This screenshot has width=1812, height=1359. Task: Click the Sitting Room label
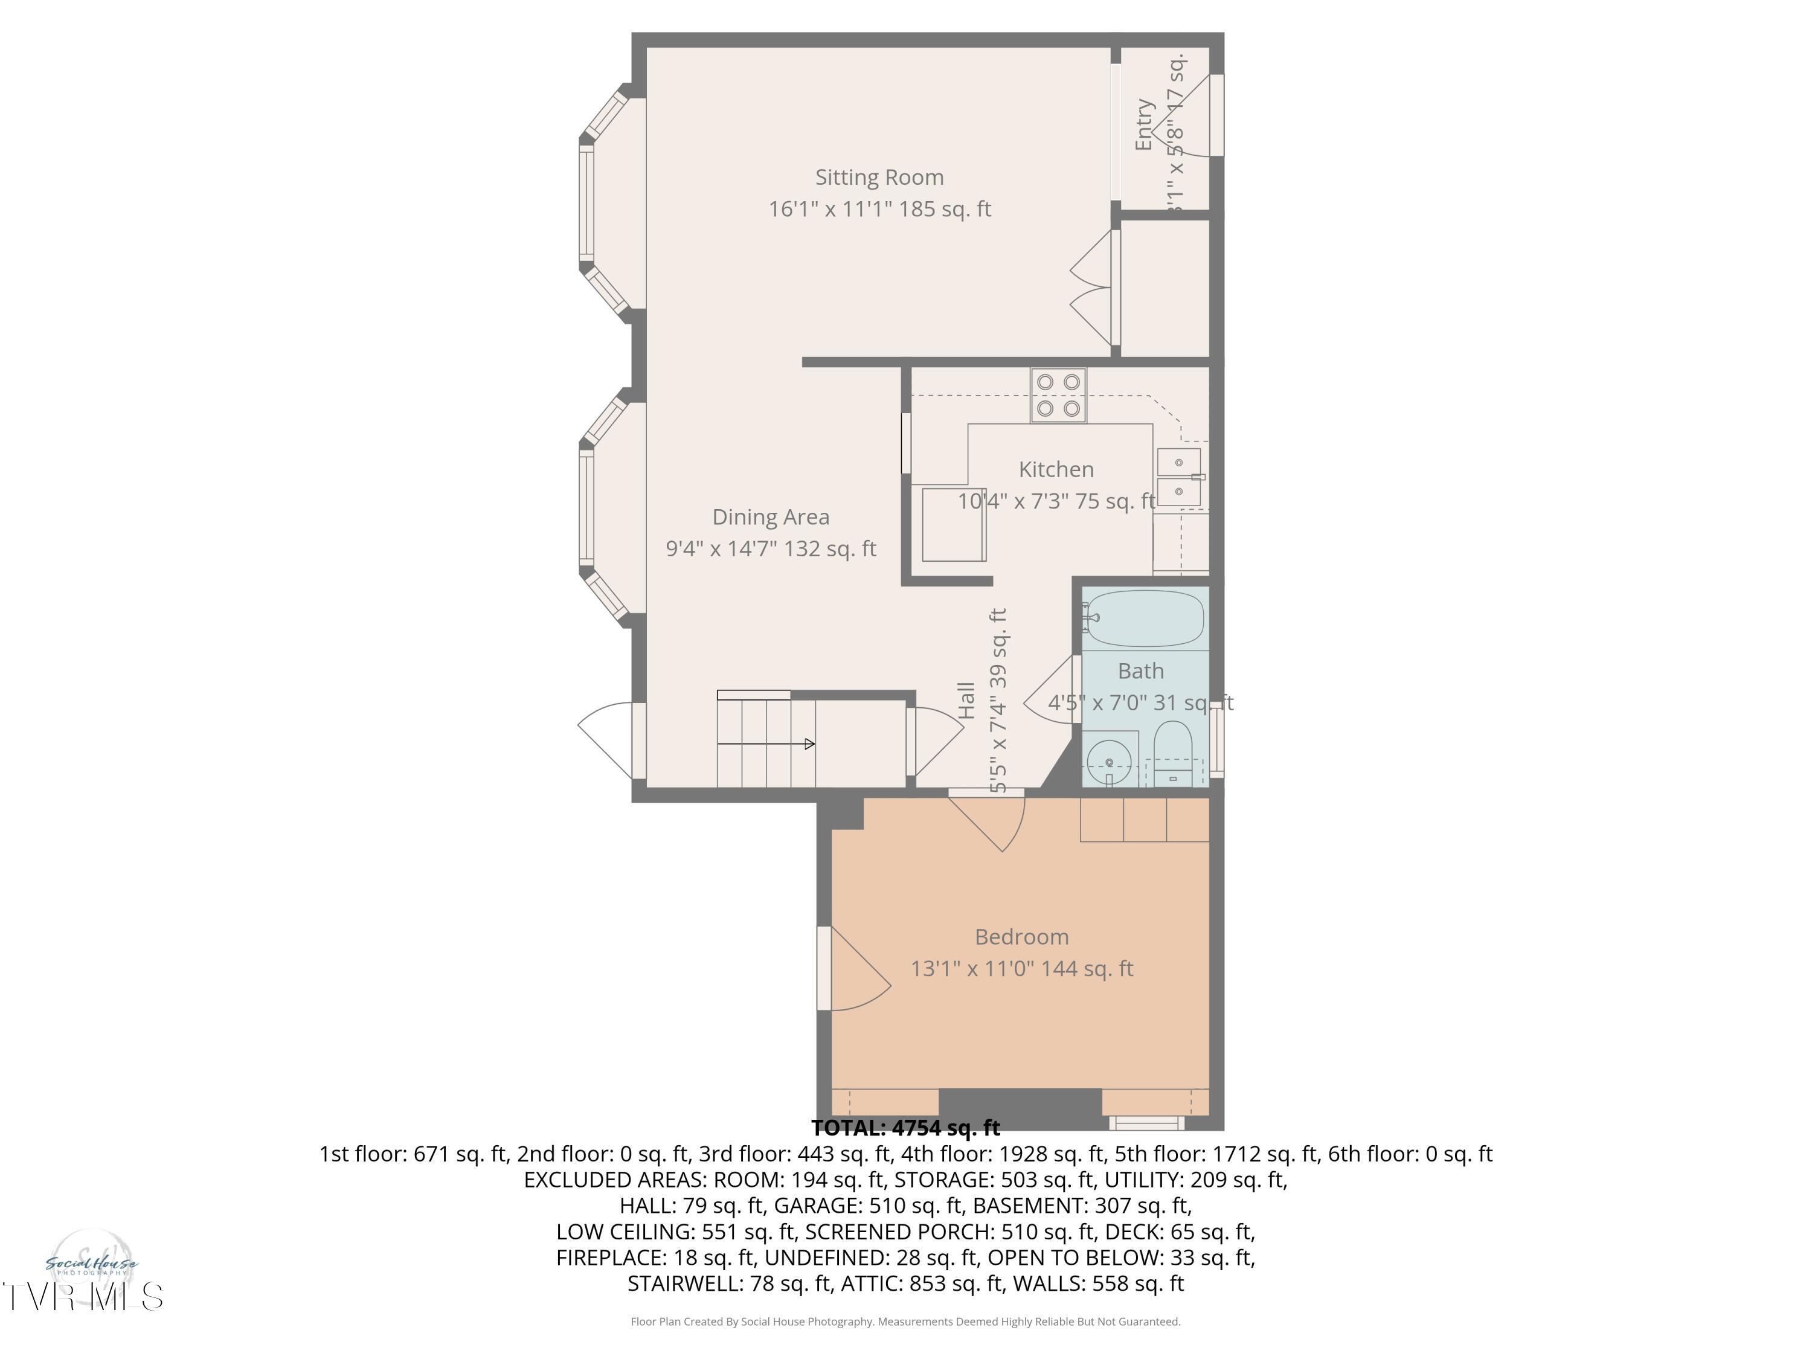click(879, 178)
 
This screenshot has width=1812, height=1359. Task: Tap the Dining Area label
click(770, 517)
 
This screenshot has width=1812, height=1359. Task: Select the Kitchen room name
click(1056, 469)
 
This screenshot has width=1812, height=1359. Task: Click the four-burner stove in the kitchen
click(1058, 395)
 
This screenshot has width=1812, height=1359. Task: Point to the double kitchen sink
click(1179, 477)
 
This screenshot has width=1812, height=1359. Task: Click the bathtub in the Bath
click(1145, 618)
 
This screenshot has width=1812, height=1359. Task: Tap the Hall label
click(966, 701)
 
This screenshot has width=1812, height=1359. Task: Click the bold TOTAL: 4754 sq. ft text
click(905, 1128)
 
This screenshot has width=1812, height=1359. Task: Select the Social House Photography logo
click(91, 1265)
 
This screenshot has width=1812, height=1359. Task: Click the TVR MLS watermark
click(82, 1297)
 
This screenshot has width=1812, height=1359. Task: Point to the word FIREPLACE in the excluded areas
click(610, 1258)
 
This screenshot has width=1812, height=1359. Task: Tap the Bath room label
click(1140, 671)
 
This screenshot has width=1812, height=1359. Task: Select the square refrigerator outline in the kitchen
click(954, 524)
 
